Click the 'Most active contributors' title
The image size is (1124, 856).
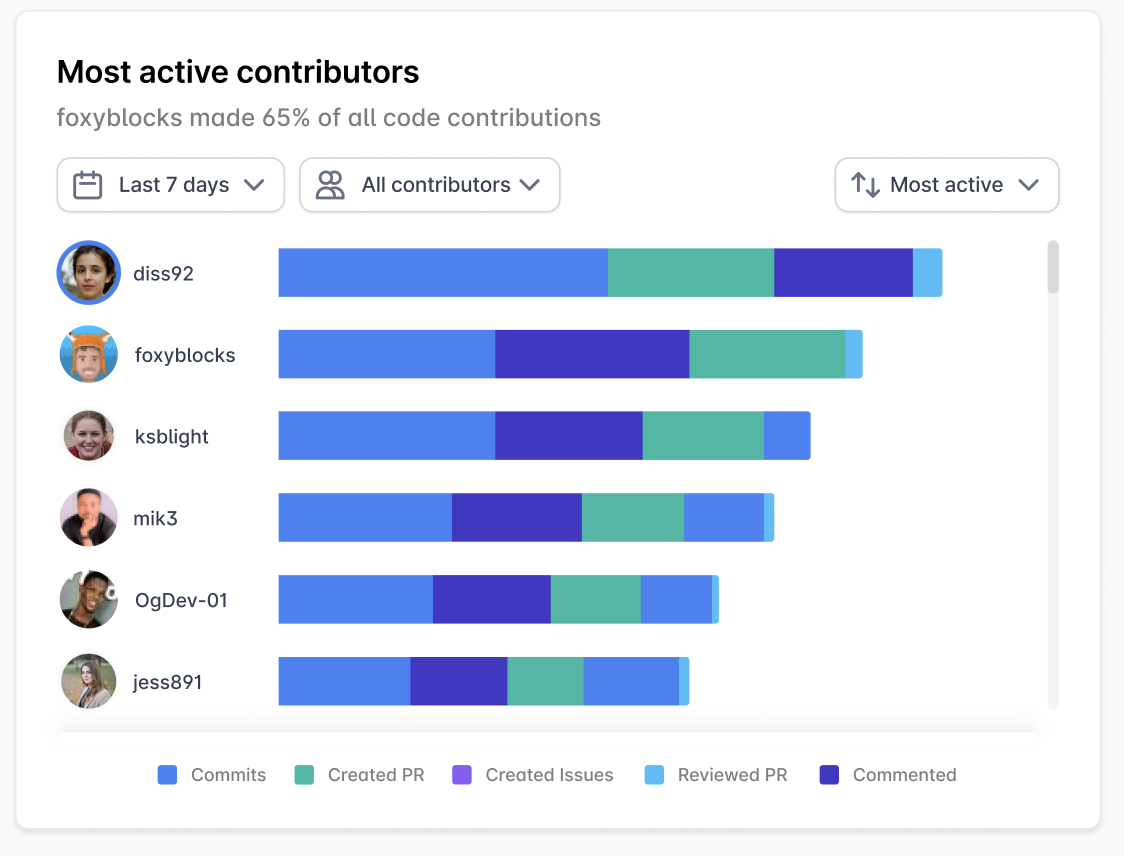pyautogui.click(x=238, y=72)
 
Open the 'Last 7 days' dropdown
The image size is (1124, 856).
pyautogui.click(x=171, y=185)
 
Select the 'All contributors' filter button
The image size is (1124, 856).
pyautogui.click(x=430, y=185)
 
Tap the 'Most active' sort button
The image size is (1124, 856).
pyautogui.click(x=946, y=185)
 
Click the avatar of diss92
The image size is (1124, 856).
pyautogui.click(x=89, y=273)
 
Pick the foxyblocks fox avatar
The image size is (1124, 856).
pyautogui.click(x=89, y=355)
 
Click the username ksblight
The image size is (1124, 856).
pyautogui.click(x=172, y=437)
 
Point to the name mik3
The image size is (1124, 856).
pyautogui.click(x=155, y=519)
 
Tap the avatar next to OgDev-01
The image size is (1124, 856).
pyautogui.click(x=89, y=600)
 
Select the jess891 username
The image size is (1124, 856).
pyautogui.click(x=168, y=683)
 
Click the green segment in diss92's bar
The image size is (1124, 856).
pyautogui.click(x=691, y=273)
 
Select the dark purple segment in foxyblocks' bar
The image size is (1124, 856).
pyautogui.click(x=592, y=355)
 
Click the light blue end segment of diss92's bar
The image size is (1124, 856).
pyautogui.click(x=927, y=273)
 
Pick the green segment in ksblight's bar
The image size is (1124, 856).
pyautogui.click(x=703, y=437)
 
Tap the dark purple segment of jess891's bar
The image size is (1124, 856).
pyautogui.click(x=459, y=682)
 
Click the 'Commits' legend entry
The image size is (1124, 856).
pyautogui.click(x=212, y=775)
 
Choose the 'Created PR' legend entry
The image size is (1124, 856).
pyautogui.click(x=360, y=775)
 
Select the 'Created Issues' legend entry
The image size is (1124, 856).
pyautogui.click(x=532, y=775)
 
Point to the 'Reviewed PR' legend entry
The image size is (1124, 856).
pyautogui.click(x=716, y=775)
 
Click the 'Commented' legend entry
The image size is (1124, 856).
pyautogui.click(x=888, y=775)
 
